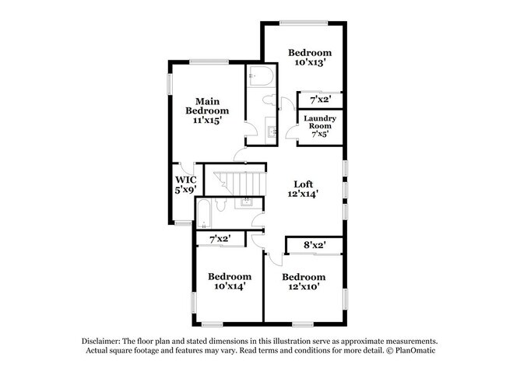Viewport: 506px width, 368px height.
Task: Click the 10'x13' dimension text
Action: coord(310,64)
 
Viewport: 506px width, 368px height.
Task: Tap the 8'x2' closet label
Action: coord(314,245)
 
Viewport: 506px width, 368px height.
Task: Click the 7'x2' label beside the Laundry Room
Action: coord(320,100)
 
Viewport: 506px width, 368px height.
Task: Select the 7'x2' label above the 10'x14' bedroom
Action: coord(219,238)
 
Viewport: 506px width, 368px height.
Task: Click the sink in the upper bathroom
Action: coord(272,131)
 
